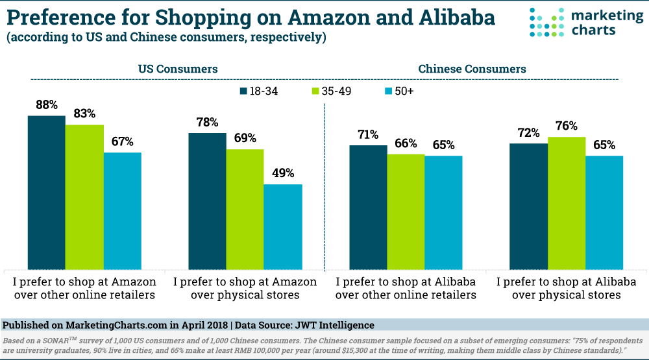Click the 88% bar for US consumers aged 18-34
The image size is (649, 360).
coord(46,193)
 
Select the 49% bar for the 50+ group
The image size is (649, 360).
coord(283,227)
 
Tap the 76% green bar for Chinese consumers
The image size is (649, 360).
coord(566,203)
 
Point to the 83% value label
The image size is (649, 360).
coord(84,113)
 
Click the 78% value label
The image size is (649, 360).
coord(207,122)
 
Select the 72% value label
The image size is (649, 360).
coord(528,132)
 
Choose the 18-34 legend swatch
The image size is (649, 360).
coord(244,91)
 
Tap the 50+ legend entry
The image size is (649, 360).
coord(399,91)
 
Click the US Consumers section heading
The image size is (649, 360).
coord(177,69)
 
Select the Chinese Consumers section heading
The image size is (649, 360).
coord(472,69)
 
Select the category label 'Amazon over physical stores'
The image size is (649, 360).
coord(245,288)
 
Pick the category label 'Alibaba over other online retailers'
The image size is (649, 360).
coord(406,288)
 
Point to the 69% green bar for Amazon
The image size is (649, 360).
coord(245,210)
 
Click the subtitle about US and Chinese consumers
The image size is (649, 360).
coord(166,38)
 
